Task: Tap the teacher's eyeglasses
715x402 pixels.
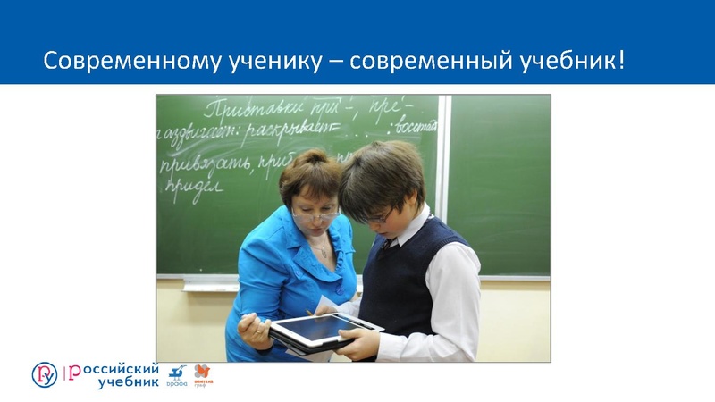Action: click(315, 214)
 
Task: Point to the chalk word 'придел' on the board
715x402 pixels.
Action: click(191, 190)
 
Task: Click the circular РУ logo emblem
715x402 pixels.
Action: click(44, 374)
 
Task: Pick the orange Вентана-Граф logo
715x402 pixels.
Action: click(203, 375)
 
